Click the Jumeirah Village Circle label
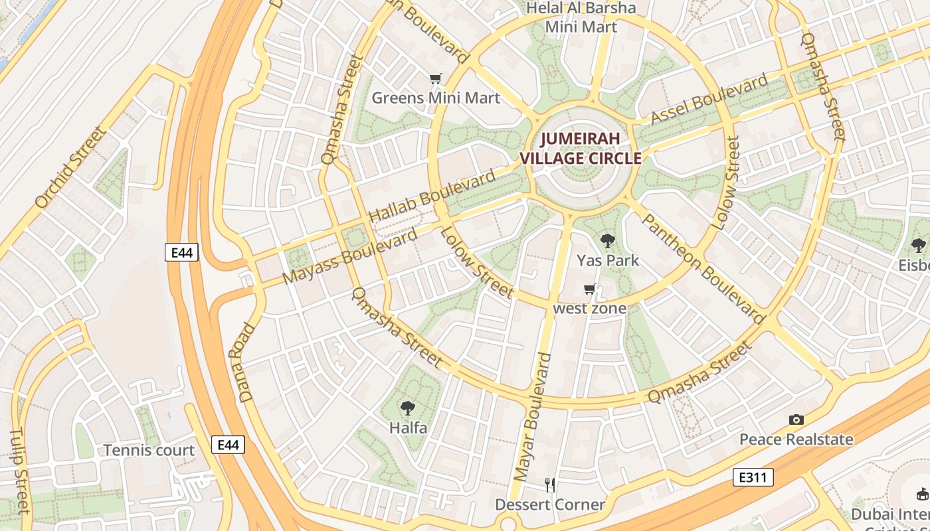[x=581, y=149]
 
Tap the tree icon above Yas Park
[x=607, y=241]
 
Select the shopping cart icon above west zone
[x=589, y=289]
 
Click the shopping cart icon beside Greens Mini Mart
[x=435, y=79]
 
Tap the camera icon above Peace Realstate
[x=796, y=419]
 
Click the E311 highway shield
[x=753, y=477]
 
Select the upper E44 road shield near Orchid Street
[x=182, y=252]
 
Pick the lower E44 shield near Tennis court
[x=228, y=445]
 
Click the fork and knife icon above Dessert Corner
[x=549, y=485]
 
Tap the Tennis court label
[x=149, y=450]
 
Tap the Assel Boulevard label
[x=709, y=100]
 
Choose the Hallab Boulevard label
[x=432, y=196]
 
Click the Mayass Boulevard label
[x=350, y=256]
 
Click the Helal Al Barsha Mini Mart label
[x=581, y=17]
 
